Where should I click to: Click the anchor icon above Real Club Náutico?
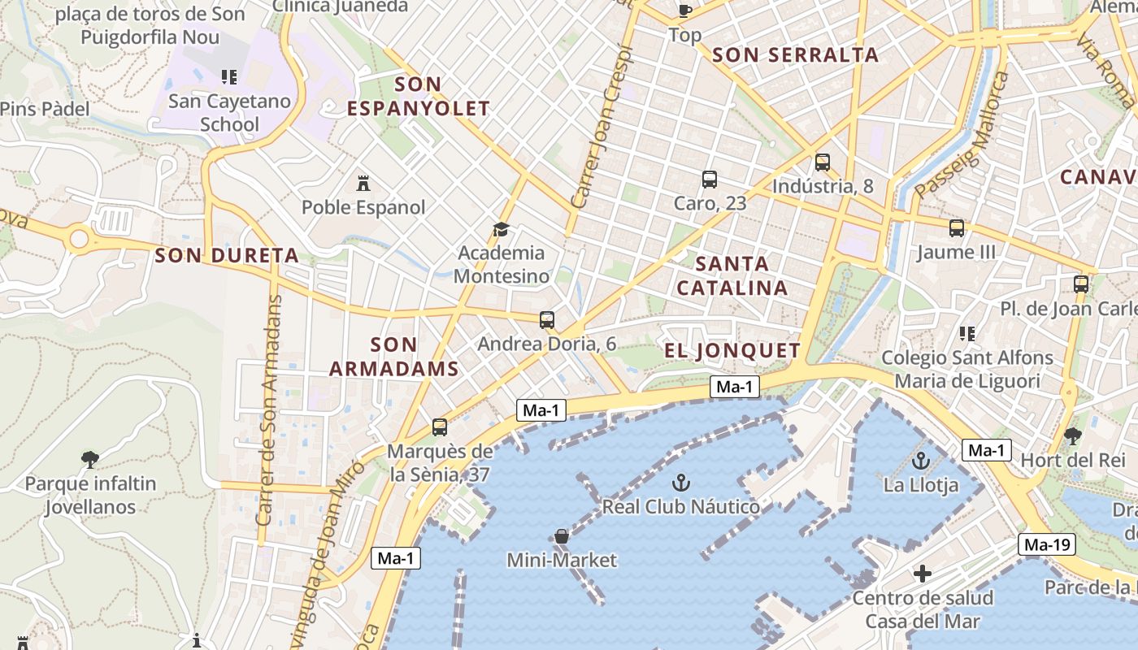coord(681,483)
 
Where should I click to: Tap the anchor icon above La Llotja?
coord(921,461)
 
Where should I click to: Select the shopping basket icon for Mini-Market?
coord(561,536)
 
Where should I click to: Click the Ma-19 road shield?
coord(1049,544)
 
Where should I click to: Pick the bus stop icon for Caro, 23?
coord(710,180)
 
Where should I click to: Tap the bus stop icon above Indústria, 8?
coord(823,162)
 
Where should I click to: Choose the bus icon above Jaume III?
coord(957,228)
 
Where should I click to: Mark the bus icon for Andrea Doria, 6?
coord(547,320)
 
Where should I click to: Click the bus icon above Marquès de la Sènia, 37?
coord(440,427)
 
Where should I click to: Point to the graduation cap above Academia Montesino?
coord(501,230)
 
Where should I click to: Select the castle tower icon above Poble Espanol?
coord(363,184)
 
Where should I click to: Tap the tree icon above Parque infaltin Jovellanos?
coord(90,460)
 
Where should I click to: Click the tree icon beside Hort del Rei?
coord(1073,436)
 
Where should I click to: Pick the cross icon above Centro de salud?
coord(922,574)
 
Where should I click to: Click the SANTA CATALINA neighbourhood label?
coord(732,275)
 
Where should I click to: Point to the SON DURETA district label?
coord(227,255)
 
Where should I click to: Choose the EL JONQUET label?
coord(732,350)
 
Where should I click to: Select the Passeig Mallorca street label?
coord(962,135)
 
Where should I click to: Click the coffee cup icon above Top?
coord(684,11)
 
